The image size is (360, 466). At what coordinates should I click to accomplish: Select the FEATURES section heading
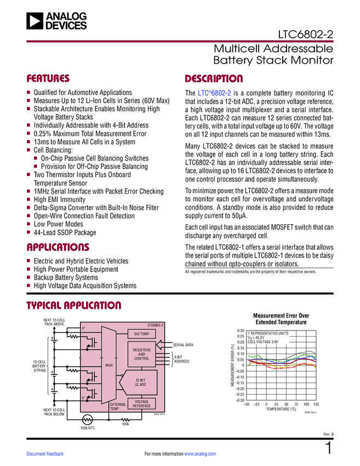click(x=48, y=78)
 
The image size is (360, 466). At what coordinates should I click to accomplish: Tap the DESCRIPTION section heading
click(x=214, y=78)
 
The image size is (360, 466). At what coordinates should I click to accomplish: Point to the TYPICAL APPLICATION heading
click(x=74, y=305)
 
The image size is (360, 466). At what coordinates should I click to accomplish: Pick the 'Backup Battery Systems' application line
click(x=66, y=277)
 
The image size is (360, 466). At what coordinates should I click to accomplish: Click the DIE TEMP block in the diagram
click(x=141, y=333)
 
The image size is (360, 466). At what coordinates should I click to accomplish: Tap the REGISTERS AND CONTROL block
click(x=141, y=354)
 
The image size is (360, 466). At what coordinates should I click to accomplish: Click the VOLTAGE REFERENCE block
click(x=141, y=404)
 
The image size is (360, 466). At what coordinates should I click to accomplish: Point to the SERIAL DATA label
click(x=183, y=345)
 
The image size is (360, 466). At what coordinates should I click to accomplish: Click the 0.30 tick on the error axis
click(x=239, y=331)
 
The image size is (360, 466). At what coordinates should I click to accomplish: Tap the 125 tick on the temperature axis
click(x=316, y=404)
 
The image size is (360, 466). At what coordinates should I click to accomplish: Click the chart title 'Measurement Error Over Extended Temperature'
click(x=281, y=319)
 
